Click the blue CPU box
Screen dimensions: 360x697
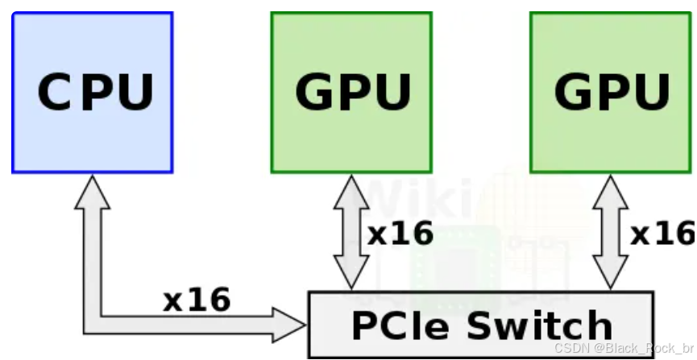92,92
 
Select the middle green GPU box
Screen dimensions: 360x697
351,92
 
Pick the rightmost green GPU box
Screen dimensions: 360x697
611,92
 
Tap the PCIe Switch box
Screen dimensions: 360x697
480,325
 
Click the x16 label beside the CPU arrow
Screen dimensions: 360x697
197,300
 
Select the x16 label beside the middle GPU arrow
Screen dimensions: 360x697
400,234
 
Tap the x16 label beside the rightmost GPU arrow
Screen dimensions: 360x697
661,234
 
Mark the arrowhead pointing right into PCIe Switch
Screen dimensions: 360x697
291,325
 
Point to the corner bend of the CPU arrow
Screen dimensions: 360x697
92,323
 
